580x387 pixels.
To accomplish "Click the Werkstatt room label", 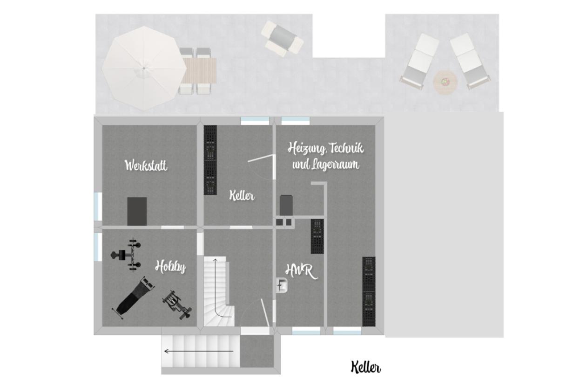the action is [x=146, y=165].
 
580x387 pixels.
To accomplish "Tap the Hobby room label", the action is [x=171, y=267].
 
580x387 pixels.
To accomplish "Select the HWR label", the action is [x=301, y=271].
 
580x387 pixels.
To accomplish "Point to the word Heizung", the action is [x=306, y=149].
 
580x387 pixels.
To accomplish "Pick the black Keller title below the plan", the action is [x=365, y=367].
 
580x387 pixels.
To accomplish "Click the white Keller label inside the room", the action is [x=242, y=195].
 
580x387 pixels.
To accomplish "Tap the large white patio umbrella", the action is [x=144, y=69].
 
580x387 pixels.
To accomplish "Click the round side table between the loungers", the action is [x=445, y=83].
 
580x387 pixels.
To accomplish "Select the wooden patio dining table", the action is [x=199, y=70].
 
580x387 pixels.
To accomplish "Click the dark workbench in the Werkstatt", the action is [x=137, y=211].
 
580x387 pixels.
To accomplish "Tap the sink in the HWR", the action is [x=282, y=285].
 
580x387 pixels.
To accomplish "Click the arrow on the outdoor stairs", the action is [x=199, y=352].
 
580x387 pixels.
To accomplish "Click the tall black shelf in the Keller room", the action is [x=210, y=160].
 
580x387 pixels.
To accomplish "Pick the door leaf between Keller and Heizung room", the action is [x=261, y=158].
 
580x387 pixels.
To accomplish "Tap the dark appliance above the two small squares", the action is [x=286, y=205].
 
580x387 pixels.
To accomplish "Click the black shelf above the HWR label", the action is [x=317, y=236].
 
